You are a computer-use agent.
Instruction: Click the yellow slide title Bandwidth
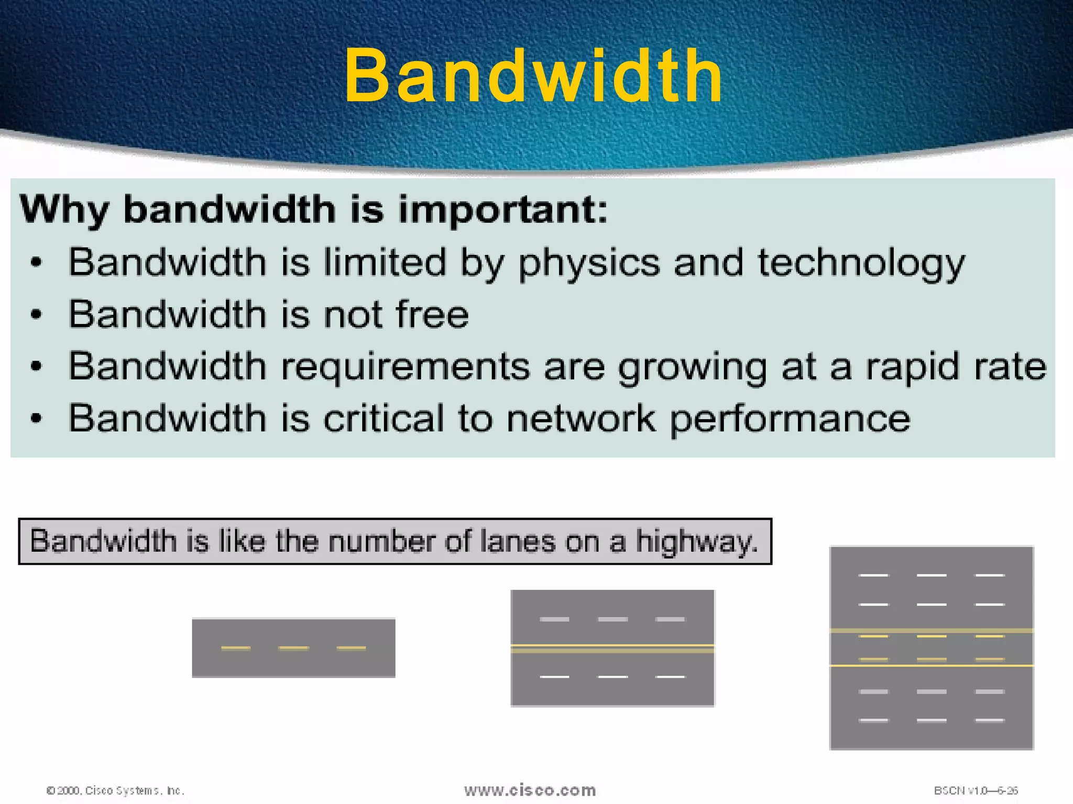tap(533, 76)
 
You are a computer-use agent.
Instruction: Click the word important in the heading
tap(502, 209)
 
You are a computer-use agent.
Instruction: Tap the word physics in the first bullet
tap(588, 263)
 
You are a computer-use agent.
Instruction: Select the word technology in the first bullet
tap(861, 263)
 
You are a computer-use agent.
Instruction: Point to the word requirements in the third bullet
tap(406, 367)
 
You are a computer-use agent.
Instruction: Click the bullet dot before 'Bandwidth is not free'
tap(36, 315)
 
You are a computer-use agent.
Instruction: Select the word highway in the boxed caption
tap(697, 541)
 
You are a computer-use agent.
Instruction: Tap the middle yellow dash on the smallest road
tap(293, 648)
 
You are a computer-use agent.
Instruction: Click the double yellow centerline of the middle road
tap(612, 649)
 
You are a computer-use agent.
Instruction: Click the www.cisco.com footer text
tap(530, 790)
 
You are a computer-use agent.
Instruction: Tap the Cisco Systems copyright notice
tap(115, 790)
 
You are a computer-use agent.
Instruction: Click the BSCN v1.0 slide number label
tap(976, 790)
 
